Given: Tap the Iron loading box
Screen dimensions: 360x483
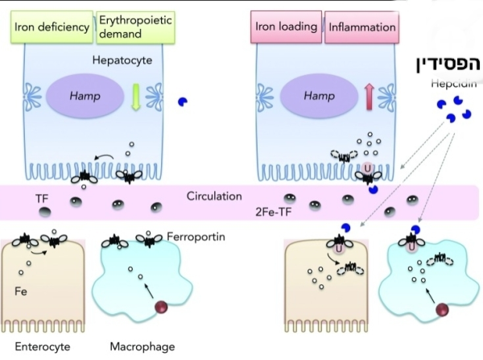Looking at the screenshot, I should click(286, 27).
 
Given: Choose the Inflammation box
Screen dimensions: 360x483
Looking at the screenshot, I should click(363, 27).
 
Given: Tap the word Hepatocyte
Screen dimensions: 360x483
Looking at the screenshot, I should click(114, 60).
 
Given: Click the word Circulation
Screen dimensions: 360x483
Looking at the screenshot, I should click(213, 196).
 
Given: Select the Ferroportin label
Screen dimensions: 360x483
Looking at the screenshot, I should click(198, 238).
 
